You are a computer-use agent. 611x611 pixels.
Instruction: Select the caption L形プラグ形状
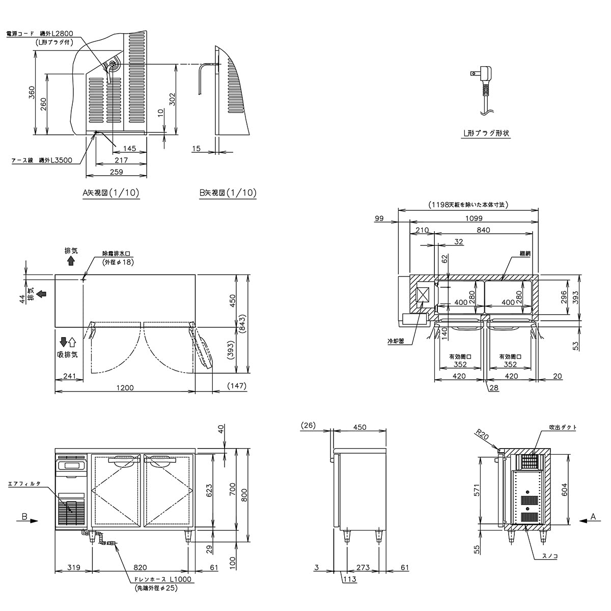[486, 133]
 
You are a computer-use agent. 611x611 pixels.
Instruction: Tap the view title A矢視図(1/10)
[110, 193]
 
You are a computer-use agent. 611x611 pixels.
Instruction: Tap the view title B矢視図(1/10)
[228, 193]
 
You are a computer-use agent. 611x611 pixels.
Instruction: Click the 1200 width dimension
[124, 388]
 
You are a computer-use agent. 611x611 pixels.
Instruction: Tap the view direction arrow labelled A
[588, 520]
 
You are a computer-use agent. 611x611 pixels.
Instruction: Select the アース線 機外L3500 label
[42, 160]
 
